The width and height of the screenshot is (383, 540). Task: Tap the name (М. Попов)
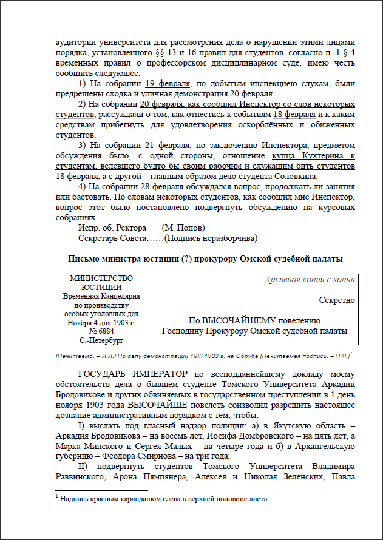(185, 227)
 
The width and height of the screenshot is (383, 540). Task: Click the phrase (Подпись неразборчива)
(211, 237)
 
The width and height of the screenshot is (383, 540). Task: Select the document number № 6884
(101, 332)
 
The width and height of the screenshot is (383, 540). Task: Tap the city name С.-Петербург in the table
(101, 341)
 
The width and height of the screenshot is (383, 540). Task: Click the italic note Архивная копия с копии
(310, 280)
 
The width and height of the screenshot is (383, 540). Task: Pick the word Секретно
(337, 300)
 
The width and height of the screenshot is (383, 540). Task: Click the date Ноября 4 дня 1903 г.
(101, 323)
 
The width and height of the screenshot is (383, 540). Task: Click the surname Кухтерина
(322, 155)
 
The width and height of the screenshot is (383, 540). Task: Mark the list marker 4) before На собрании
(84, 186)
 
